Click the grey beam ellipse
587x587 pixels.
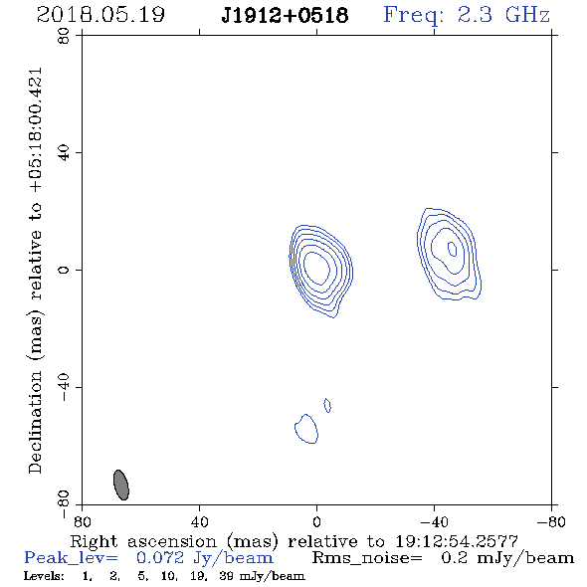click(x=121, y=485)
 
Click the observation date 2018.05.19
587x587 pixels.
click(x=100, y=15)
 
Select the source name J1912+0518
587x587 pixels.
click(x=285, y=15)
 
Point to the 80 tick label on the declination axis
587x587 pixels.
click(x=64, y=36)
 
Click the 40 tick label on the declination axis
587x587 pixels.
click(x=64, y=153)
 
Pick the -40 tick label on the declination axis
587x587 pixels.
click(x=64, y=387)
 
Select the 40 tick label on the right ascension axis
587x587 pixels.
click(x=200, y=521)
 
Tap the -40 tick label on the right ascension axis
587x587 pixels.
click(x=434, y=521)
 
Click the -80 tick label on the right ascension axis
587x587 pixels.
click(x=551, y=521)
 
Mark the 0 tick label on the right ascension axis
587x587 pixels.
click(x=316, y=521)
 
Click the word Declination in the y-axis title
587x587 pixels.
click(x=35, y=422)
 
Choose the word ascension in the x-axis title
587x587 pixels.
click(x=172, y=541)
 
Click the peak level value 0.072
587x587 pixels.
click(x=160, y=558)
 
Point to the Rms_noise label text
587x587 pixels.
click(x=367, y=558)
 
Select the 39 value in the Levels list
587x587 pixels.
click(x=226, y=576)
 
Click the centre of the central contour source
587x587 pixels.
click(x=316, y=268)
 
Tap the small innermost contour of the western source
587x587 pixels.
click(x=453, y=249)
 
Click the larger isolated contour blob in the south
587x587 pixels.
click(x=306, y=429)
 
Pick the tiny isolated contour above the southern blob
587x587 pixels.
click(x=327, y=406)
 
